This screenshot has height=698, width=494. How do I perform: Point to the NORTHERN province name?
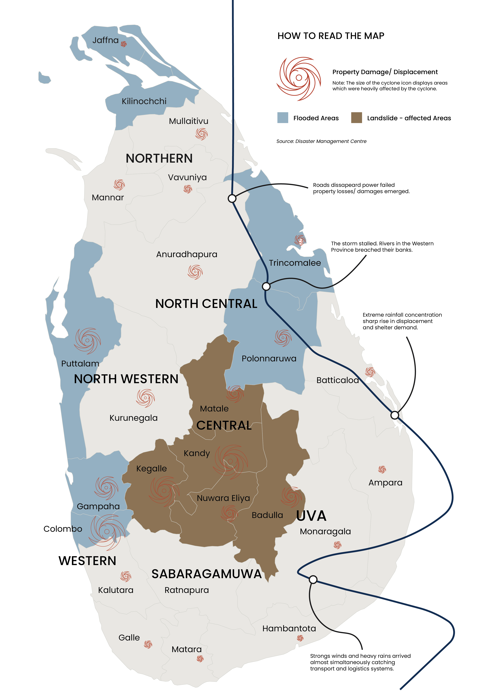pyautogui.click(x=159, y=158)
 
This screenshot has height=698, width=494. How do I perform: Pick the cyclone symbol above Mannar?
pyautogui.click(x=119, y=185)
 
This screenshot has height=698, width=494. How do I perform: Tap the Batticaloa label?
pyautogui.click(x=337, y=380)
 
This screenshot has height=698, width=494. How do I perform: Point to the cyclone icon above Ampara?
pyautogui.click(x=382, y=469)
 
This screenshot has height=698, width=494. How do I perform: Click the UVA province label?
pyautogui.click(x=311, y=516)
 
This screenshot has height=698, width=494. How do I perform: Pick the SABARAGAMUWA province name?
pyautogui.click(x=207, y=574)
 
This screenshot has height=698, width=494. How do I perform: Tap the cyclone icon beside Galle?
pyautogui.click(x=148, y=644)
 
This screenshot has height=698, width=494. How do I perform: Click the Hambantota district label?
pyautogui.click(x=289, y=628)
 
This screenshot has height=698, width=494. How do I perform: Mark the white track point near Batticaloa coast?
pyautogui.click(x=394, y=415)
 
